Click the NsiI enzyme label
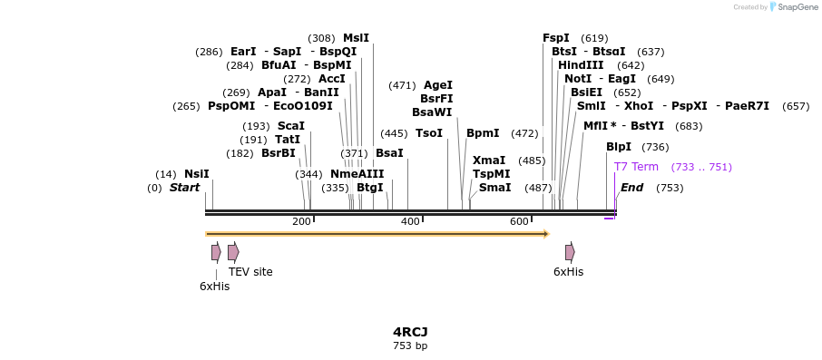tap(196, 174)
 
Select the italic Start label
tap(184, 188)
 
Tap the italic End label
tap(631, 188)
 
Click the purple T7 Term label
tap(636, 167)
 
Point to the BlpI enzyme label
tap(619, 147)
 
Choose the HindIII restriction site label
tap(581, 65)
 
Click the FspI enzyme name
tap(556, 38)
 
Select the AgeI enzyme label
tap(438, 85)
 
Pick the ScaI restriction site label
tap(291, 126)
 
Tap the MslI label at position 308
tap(356, 38)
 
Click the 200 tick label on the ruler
tap(302, 222)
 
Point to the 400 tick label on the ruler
tap(411, 222)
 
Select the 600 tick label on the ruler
tap(520, 222)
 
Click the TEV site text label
tap(250, 272)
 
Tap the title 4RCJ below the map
tap(410, 332)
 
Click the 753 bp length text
tap(410, 346)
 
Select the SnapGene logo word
tap(797, 7)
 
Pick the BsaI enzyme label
tap(389, 153)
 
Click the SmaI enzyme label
tap(494, 188)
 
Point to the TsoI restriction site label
tap(429, 133)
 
